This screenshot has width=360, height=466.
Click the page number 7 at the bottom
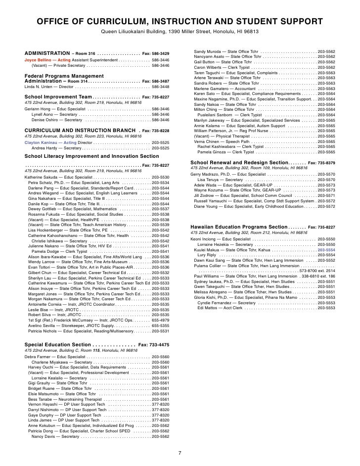coord(180,452)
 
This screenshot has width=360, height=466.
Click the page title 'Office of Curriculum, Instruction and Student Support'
coord(180,22)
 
